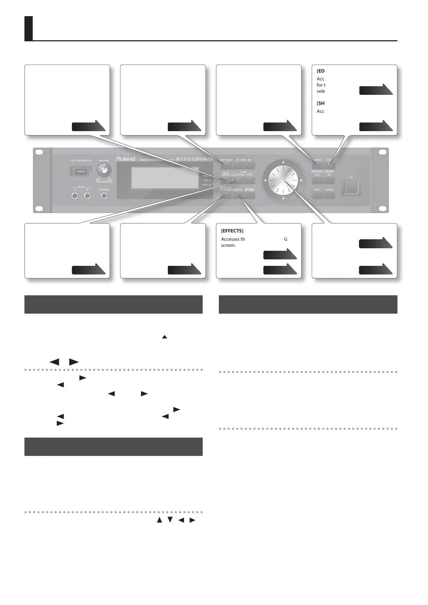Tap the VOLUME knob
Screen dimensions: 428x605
click(104, 170)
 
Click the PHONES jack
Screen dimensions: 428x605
click(104, 196)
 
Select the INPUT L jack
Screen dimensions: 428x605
click(75, 196)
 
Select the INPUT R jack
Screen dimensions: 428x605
click(87, 196)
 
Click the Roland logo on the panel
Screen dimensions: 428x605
click(125, 158)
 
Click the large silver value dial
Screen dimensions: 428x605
click(283, 180)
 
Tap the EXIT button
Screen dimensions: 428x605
click(317, 195)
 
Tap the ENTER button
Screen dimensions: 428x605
click(329, 195)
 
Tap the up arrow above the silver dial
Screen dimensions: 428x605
click(283, 162)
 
